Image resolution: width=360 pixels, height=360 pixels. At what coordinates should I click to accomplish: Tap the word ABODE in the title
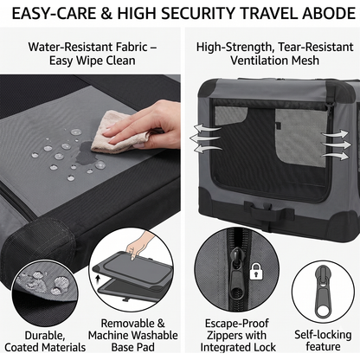click(x=329, y=13)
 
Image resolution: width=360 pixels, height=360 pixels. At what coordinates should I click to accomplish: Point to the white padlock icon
click(x=256, y=271)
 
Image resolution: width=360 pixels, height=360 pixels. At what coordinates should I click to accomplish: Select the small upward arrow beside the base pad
click(x=99, y=279)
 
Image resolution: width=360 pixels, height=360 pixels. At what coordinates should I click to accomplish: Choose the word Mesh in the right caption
click(x=305, y=61)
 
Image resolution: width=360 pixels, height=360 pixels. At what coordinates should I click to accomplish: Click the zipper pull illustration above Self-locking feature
click(x=323, y=292)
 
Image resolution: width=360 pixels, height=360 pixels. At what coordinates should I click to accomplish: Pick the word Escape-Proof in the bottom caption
click(x=236, y=324)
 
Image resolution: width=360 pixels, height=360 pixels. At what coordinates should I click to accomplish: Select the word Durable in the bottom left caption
click(x=44, y=336)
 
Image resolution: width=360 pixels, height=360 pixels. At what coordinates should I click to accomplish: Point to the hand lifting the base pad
click(x=139, y=245)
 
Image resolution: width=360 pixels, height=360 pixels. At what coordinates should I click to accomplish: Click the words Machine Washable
click(x=132, y=335)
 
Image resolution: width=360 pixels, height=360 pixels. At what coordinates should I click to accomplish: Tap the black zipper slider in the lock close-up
click(x=236, y=271)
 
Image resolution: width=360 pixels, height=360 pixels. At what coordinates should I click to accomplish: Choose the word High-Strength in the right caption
click(x=235, y=47)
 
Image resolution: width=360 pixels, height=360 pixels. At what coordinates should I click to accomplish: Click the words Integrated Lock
click(x=238, y=347)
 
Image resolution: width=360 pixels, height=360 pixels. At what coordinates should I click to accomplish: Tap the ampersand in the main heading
click(x=106, y=14)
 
